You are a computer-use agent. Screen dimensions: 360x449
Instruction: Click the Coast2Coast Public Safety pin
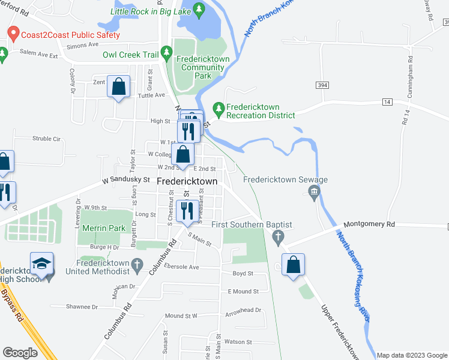pos(13,34)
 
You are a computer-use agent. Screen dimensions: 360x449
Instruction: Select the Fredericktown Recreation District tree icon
pos(219,109)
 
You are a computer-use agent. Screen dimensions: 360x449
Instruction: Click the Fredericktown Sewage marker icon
pos(313,192)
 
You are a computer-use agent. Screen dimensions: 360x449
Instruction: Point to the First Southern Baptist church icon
pos(277,238)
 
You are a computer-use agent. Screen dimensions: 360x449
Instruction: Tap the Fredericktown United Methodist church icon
pos(137,263)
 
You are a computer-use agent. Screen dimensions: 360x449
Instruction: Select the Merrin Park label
pos(105,228)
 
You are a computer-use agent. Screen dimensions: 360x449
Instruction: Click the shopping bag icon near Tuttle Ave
pos(119,86)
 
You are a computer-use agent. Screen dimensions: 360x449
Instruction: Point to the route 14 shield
pos(388,103)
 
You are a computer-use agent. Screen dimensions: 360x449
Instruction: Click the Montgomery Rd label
pos(369,224)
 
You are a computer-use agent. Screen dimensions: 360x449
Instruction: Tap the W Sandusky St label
pos(125,179)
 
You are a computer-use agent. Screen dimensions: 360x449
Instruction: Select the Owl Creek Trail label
pos(130,55)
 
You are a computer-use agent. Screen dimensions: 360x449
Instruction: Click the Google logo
pos(20,353)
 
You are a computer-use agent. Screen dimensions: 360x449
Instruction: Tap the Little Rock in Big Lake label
pos(151,11)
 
